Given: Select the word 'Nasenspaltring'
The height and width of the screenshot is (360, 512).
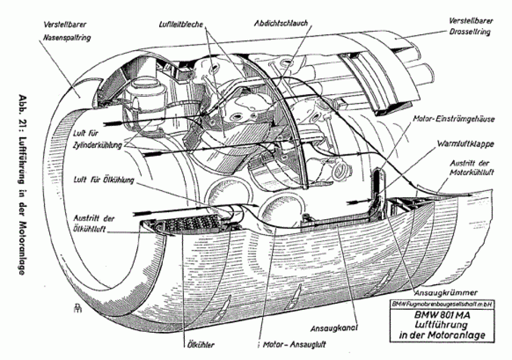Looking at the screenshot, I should coord(68,37).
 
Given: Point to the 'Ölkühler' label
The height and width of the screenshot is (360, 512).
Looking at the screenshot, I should coord(198,344).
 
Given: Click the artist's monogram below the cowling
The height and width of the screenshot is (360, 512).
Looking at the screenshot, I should coord(76,308).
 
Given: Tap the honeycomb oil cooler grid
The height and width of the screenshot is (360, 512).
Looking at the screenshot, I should coord(190,224).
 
